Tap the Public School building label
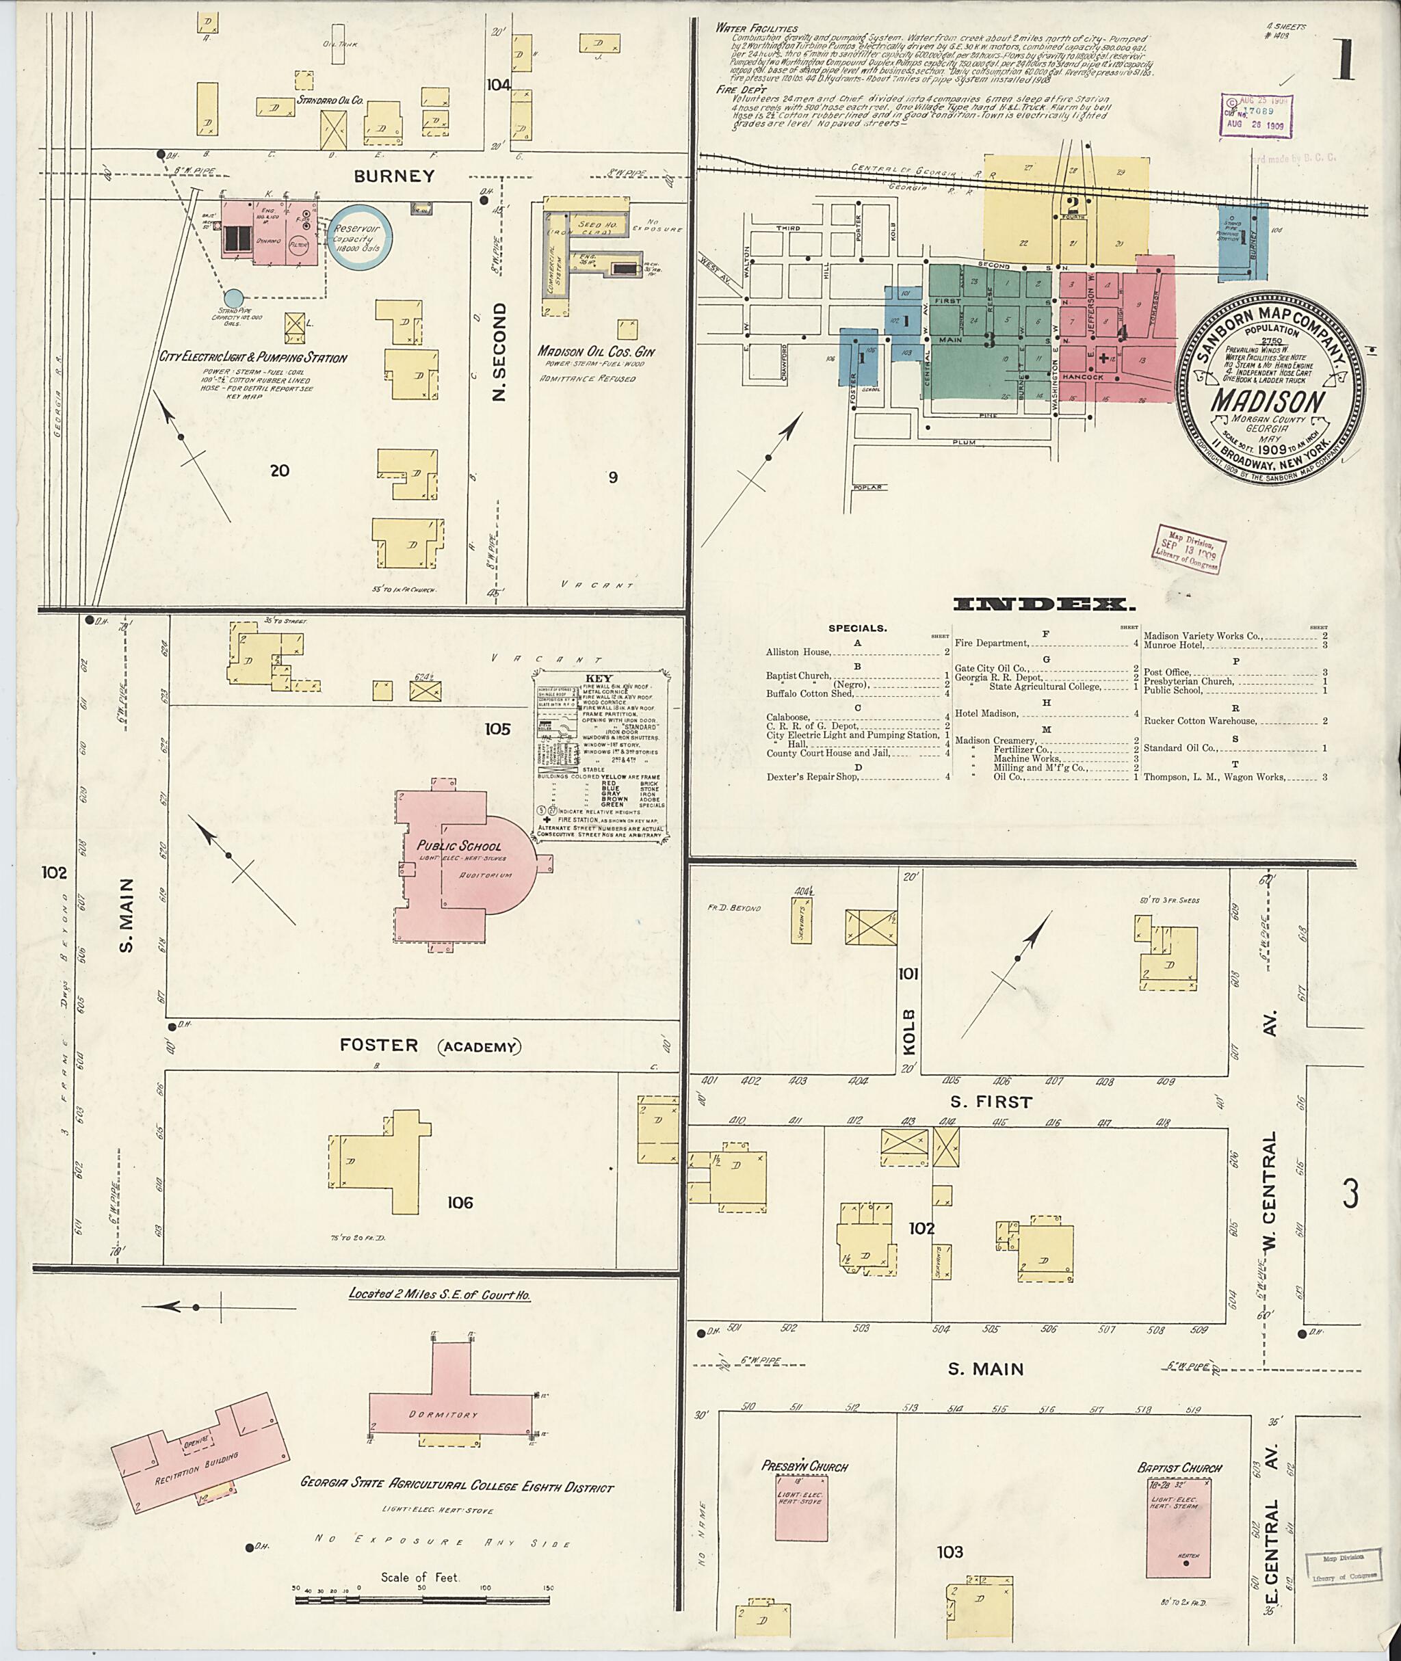(x=459, y=846)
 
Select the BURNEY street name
(x=394, y=176)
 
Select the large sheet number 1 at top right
(x=1344, y=59)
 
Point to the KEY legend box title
(x=598, y=678)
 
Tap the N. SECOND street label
(x=499, y=351)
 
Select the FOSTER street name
(x=379, y=1045)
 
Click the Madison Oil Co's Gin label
(x=596, y=351)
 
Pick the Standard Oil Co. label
(x=330, y=101)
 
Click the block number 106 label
(x=459, y=1202)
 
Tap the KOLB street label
(x=909, y=1031)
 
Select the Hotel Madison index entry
(x=986, y=713)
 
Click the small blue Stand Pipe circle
(x=233, y=297)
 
